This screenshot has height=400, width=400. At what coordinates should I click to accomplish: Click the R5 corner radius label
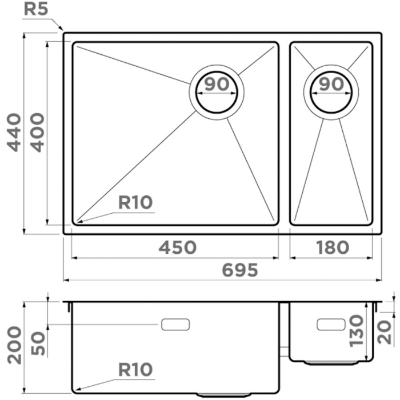(36, 10)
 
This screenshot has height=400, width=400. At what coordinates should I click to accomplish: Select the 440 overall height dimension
(14, 133)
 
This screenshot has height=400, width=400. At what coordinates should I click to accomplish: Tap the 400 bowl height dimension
(38, 133)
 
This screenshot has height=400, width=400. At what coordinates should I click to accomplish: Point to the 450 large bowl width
(178, 247)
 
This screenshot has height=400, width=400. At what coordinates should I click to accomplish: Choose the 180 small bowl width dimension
(333, 247)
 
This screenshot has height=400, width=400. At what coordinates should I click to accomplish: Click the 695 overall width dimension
(240, 270)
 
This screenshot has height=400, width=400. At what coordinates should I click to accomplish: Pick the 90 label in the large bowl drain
(217, 84)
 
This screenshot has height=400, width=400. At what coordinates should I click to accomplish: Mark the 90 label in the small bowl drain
(331, 84)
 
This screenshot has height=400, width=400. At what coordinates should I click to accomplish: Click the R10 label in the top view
(135, 202)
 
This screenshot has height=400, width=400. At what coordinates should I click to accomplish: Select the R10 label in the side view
(135, 370)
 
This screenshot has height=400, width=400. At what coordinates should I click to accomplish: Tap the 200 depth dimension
(14, 345)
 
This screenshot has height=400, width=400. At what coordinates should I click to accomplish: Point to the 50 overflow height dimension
(38, 343)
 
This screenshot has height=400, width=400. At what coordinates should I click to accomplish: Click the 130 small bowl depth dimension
(356, 331)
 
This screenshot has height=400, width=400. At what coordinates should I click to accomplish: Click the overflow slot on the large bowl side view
(175, 325)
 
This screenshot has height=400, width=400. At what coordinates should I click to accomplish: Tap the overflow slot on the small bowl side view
(331, 325)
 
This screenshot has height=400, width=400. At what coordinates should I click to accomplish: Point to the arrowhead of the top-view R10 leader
(79, 222)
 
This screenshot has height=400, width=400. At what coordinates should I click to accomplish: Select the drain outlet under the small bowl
(331, 363)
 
